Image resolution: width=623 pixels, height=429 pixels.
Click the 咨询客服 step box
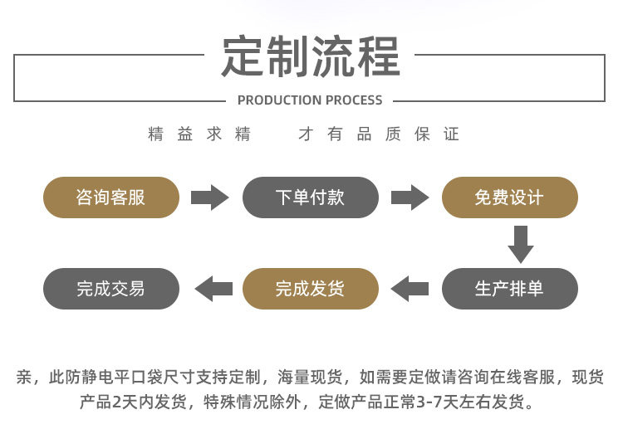tap(111, 197)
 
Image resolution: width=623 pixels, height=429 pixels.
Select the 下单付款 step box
tap(311, 197)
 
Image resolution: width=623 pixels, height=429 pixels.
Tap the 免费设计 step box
tap(510, 197)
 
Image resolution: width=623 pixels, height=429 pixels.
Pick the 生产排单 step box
tap(510, 289)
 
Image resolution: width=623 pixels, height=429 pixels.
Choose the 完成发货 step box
tap(311, 289)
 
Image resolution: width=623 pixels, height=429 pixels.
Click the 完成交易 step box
tap(111, 289)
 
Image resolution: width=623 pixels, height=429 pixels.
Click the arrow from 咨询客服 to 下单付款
tap(210, 197)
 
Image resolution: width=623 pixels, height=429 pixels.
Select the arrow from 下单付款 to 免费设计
tap(410, 197)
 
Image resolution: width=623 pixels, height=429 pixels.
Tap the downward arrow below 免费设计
tap(521, 245)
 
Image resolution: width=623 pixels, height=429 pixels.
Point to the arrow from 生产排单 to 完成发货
tap(410, 289)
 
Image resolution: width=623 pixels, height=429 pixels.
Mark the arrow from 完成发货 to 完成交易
tap(213, 289)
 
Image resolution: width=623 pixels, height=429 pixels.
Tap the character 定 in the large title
tap(243, 56)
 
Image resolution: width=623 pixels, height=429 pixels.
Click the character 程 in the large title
tap(379, 56)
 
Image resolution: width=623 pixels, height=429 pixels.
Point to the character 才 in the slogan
tap(306, 134)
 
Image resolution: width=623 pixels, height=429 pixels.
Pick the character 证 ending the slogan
tap(451, 134)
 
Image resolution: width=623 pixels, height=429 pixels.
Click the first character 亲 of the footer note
tap(24, 377)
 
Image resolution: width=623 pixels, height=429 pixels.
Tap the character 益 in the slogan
tap(184, 134)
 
